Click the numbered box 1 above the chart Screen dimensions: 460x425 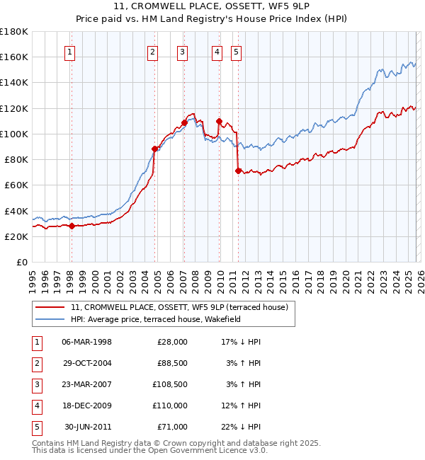tap(71, 51)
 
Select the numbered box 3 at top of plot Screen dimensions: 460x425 tap(182, 51)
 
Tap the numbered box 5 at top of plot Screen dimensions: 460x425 tap(235, 51)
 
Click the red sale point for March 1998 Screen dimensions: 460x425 tap(72, 226)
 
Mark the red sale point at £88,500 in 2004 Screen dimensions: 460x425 tap(154, 149)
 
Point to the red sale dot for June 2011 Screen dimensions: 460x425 tap(238, 171)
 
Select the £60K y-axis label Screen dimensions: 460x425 tap(16, 185)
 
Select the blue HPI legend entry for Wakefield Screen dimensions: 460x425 tap(156, 320)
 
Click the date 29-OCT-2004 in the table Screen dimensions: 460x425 tap(87, 363)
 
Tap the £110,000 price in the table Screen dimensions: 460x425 tap(172, 406)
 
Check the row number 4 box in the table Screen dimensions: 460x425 tap(35, 406)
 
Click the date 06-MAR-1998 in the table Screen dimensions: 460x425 tap(87, 342)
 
